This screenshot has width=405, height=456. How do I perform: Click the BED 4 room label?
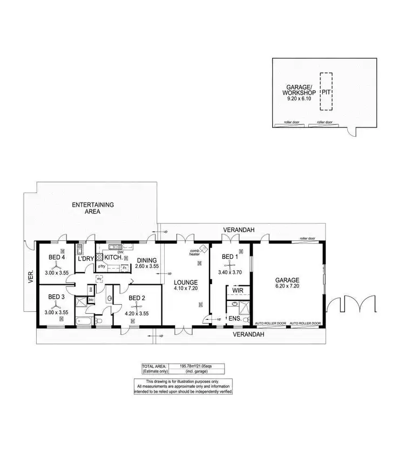tap(56, 257)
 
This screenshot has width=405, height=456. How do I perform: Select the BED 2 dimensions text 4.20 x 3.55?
tap(137, 313)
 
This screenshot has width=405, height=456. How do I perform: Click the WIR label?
tap(237, 291)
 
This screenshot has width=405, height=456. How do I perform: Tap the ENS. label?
tap(234, 319)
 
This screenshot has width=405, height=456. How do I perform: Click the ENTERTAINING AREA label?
tap(93, 208)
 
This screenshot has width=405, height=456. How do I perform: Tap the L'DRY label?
tap(86, 259)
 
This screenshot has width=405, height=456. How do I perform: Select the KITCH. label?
tap(112, 258)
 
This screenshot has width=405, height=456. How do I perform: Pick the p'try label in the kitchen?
tap(102, 267)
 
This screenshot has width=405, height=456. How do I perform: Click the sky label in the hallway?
tap(99, 278)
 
